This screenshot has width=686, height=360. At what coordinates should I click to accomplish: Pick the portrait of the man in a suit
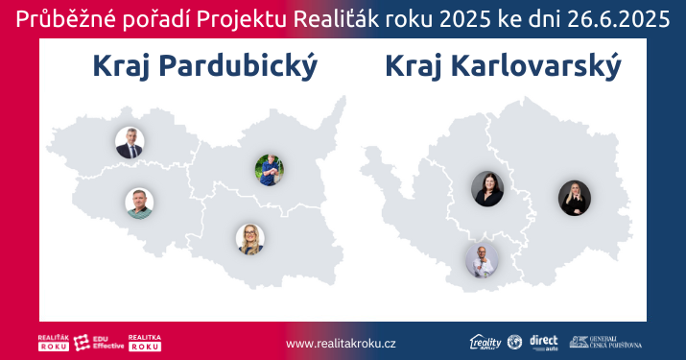click(130, 142)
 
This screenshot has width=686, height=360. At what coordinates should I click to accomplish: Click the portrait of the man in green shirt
click(139, 203)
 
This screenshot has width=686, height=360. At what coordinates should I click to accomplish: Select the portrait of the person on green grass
click(270, 170)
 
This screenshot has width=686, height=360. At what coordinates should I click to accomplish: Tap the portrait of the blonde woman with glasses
click(249, 239)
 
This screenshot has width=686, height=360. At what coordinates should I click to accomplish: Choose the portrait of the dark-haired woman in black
click(487, 188)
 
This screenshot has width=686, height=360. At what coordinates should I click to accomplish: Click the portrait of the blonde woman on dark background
click(575, 198)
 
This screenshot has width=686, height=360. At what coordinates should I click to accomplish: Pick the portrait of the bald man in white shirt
click(482, 261)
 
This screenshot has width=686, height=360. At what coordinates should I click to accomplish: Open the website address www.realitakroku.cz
click(341, 343)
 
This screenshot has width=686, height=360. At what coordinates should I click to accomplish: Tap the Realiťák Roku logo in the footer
click(53, 343)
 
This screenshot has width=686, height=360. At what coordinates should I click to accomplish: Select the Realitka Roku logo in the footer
click(144, 343)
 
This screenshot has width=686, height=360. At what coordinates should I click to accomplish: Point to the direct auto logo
click(543, 343)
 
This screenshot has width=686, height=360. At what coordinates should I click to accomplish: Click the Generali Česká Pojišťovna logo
click(606, 343)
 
